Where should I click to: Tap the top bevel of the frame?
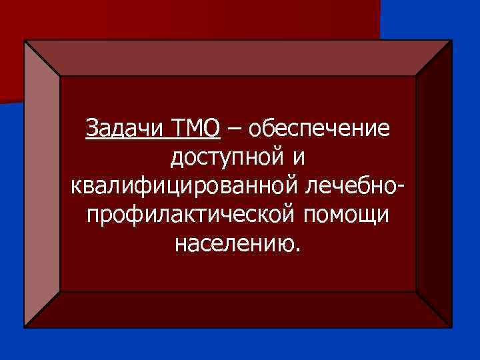tap(238, 58)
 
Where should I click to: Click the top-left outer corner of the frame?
tap(25, 41)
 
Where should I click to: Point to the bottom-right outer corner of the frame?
tap(451, 327)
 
